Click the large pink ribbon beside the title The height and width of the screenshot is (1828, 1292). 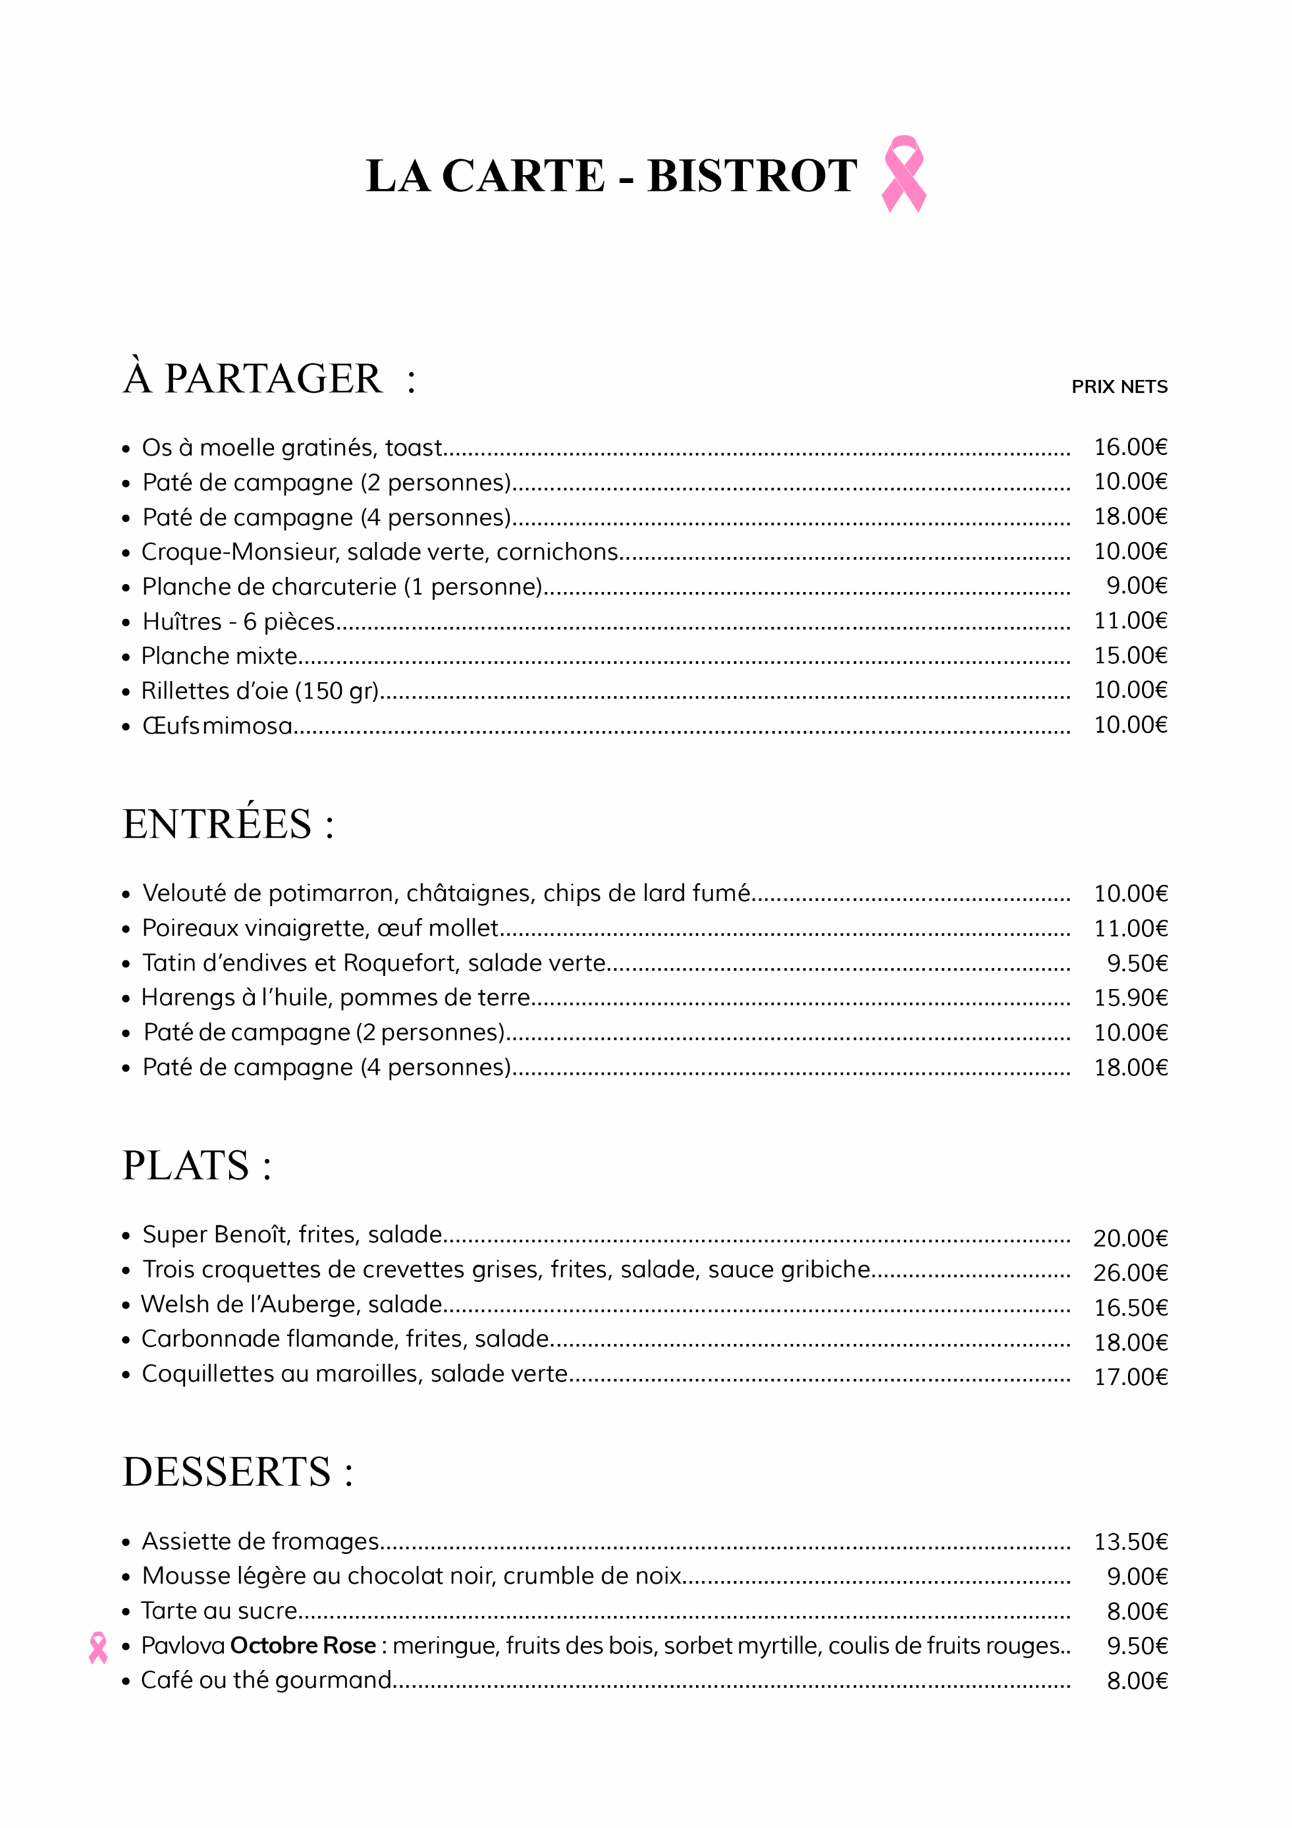[x=904, y=174]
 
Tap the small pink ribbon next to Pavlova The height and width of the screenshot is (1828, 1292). [x=98, y=1647]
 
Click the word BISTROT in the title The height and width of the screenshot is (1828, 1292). [x=752, y=176]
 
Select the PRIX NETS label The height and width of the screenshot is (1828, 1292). [x=1119, y=387]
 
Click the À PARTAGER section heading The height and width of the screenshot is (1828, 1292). [x=269, y=378]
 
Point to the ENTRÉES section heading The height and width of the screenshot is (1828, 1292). [x=228, y=824]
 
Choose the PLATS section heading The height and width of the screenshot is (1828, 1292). [x=196, y=1165]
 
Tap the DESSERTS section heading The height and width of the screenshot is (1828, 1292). [x=237, y=1471]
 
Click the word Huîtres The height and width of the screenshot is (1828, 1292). [x=182, y=621]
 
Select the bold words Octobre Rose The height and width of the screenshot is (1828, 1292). [x=303, y=1646]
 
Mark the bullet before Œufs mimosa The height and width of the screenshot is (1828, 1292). [x=126, y=727]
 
